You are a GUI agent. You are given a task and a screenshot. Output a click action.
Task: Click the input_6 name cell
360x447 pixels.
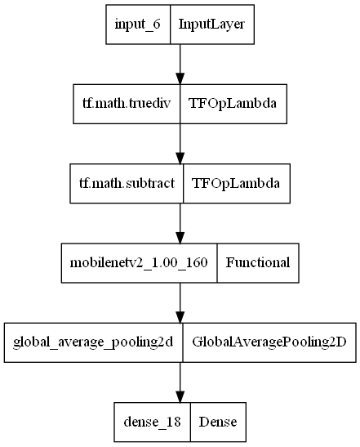137,25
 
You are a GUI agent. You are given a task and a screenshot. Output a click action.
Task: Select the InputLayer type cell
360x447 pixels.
211,25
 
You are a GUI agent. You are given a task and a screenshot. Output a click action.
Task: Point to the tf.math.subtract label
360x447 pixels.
127,183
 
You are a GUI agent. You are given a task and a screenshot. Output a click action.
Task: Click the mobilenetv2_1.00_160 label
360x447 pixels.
139,262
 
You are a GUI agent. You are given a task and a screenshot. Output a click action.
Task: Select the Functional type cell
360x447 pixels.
257,262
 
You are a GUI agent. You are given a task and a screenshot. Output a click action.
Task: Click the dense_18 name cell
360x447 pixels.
151,421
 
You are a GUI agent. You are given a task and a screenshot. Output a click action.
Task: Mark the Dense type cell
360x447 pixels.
217,421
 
